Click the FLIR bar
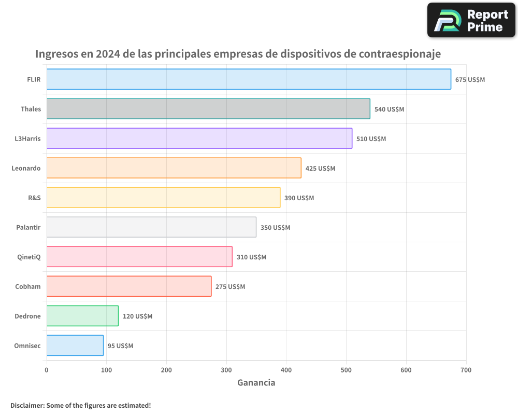click(x=249, y=79)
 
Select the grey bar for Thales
click(x=208, y=109)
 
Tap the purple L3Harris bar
click(x=199, y=139)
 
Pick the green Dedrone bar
click(x=82, y=316)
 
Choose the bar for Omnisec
click(x=75, y=345)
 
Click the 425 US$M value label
click(x=320, y=169)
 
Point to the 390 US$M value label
click(x=299, y=198)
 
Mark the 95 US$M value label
click(x=120, y=346)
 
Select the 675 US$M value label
click(x=470, y=80)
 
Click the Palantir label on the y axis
click(x=28, y=227)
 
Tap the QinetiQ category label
click(x=29, y=257)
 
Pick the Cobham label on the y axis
click(x=28, y=286)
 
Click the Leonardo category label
click(x=26, y=168)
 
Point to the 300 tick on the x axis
click(x=226, y=370)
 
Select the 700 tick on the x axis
click(x=466, y=370)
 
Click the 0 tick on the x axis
click(x=47, y=370)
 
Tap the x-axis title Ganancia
click(x=256, y=383)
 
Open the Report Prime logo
click(x=471, y=20)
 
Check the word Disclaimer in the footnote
click(x=27, y=405)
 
